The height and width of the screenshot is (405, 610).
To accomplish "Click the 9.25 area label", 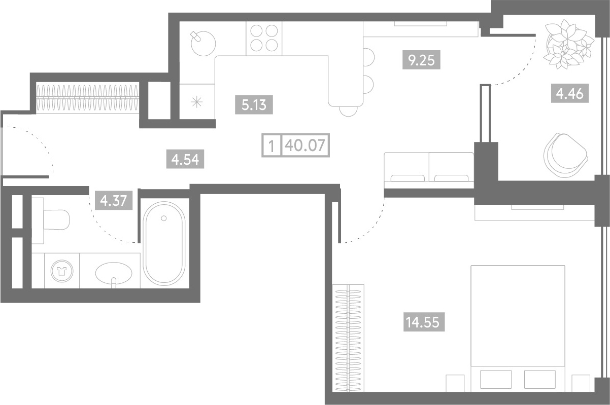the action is (x=421, y=60).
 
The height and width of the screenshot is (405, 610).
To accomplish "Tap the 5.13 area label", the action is (x=254, y=105).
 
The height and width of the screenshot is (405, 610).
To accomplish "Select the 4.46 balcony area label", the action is (x=570, y=93).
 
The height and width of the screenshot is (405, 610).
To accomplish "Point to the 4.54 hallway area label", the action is (x=185, y=159).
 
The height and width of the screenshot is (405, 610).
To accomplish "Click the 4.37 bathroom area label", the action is (x=114, y=200).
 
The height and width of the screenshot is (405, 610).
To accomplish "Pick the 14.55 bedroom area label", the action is (x=424, y=322).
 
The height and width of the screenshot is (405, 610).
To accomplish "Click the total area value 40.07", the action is (x=305, y=145).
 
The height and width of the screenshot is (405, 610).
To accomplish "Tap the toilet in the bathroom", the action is (x=51, y=220).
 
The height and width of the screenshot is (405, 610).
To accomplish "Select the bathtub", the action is (x=164, y=244).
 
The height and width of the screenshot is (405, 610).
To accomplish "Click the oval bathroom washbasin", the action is (x=114, y=273).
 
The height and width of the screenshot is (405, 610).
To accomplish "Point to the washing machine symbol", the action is (x=62, y=271).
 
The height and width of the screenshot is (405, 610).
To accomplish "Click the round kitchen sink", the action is (x=203, y=44).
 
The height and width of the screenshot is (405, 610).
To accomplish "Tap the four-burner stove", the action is (x=264, y=38).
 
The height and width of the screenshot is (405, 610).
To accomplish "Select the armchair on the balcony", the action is (x=566, y=156).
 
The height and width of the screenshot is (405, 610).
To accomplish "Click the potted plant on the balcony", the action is (x=568, y=44).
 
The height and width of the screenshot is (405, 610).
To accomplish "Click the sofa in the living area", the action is (x=429, y=170).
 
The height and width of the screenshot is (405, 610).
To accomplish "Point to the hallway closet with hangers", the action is (x=88, y=97).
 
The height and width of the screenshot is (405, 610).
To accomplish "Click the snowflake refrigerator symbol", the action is (x=196, y=102).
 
